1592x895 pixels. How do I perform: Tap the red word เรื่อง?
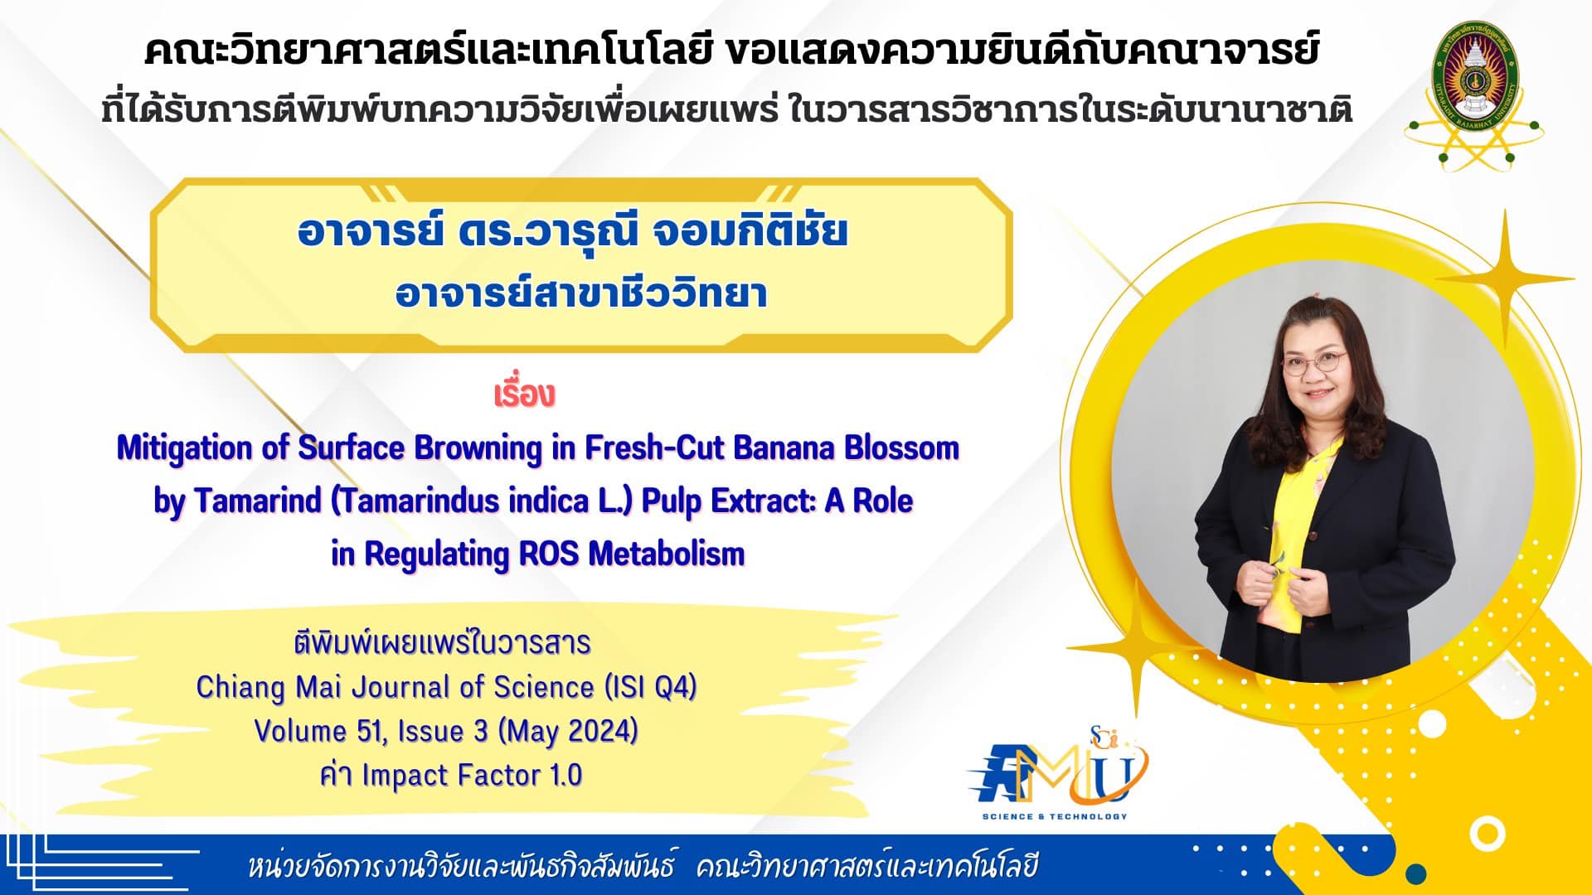[x=523, y=394]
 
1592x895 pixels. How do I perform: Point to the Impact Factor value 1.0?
[x=565, y=776]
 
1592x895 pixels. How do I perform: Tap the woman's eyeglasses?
[x=1317, y=362]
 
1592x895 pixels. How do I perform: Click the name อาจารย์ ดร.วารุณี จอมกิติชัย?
[x=573, y=230]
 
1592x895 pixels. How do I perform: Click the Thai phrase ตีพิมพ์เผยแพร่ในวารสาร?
[x=443, y=642]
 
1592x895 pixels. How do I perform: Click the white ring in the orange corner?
[x=1487, y=834]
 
